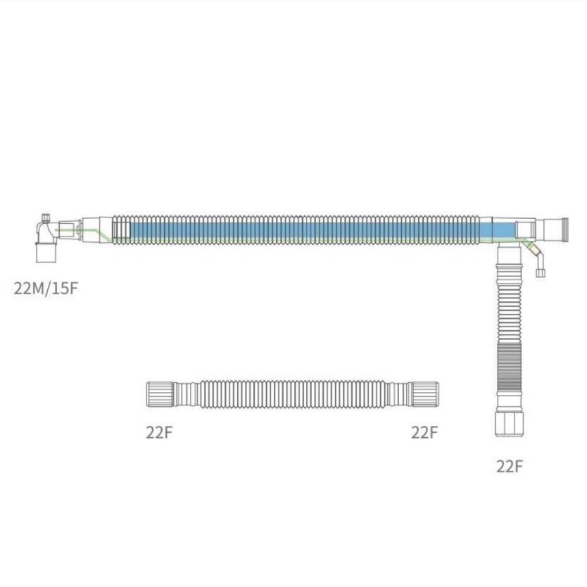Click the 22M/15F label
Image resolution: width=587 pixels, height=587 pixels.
pos(46,289)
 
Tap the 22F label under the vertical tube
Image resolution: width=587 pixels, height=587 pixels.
pos(509,467)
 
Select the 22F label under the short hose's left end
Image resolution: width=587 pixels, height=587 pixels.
pos(159,432)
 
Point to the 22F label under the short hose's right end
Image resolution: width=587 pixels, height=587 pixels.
pos(424,432)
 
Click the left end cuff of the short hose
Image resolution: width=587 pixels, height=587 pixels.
pos(160,394)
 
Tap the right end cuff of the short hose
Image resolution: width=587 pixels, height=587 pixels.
pos(424,394)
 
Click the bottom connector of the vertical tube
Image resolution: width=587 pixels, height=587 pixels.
pos(510,424)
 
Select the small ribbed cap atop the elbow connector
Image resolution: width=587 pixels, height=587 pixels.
pos(46,218)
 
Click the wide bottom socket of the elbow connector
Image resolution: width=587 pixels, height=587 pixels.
pos(46,253)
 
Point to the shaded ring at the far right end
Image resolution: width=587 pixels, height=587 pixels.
pos(564,230)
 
